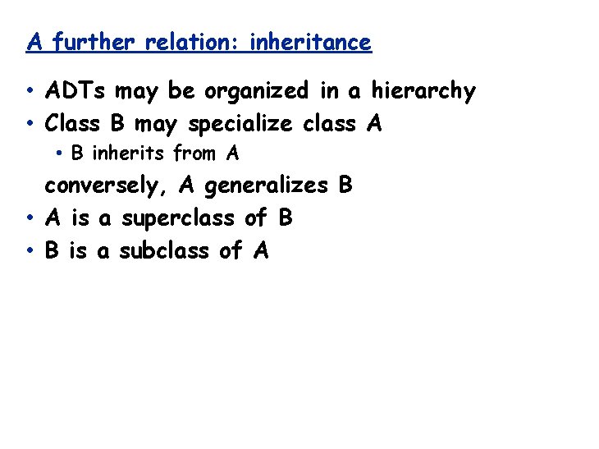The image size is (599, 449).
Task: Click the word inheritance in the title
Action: pyautogui.click(x=310, y=42)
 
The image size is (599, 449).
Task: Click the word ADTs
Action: pyautogui.click(x=79, y=90)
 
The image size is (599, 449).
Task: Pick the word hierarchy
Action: pyautogui.click(x=423, y=90)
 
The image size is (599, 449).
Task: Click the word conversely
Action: pyautogui.click(x=107, y=186)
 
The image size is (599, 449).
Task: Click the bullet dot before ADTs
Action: pyautogui.click(x=30, y=91)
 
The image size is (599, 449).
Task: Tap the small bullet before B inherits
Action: pyautogui.click(x=60, y=153)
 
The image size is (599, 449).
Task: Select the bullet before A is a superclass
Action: pyautogui.click(x=30, y=219)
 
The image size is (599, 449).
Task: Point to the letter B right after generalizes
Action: pyautogui.click(x=345, y=186)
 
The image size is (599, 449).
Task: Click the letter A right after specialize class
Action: pyautogui.click(x=374, y=124)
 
